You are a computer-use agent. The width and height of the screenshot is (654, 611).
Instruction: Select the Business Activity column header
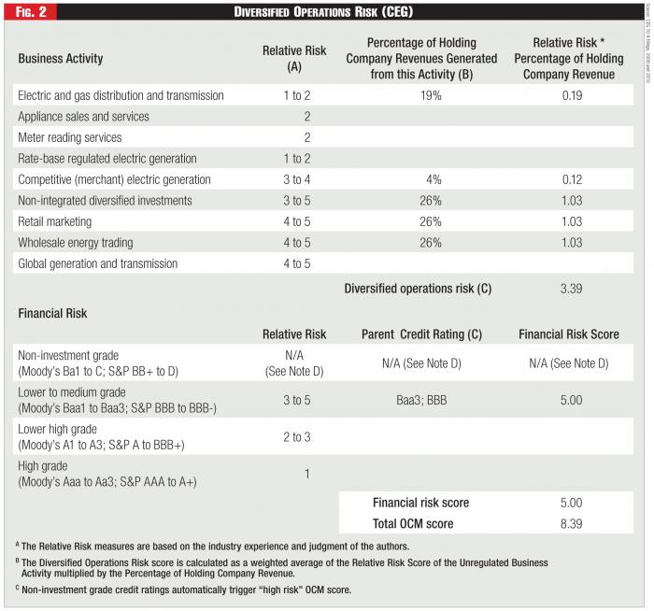tap(60, 58)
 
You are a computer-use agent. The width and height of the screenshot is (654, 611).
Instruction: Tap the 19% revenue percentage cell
tap(421, 95)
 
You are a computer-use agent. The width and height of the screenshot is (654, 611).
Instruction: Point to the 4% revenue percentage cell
tap(421, 179)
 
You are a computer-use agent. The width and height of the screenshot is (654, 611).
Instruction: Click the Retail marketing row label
tap(55, 221)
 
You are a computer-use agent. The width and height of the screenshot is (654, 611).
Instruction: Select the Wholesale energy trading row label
tap(76, 243)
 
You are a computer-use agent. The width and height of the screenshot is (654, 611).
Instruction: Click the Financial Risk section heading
tap(52, 314)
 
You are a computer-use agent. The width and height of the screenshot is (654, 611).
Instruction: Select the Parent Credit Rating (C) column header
tap(420, 333)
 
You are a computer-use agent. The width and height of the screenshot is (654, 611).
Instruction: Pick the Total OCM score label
tap(415, 524)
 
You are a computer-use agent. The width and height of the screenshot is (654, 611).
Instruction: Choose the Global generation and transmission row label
tap(97, 264)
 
